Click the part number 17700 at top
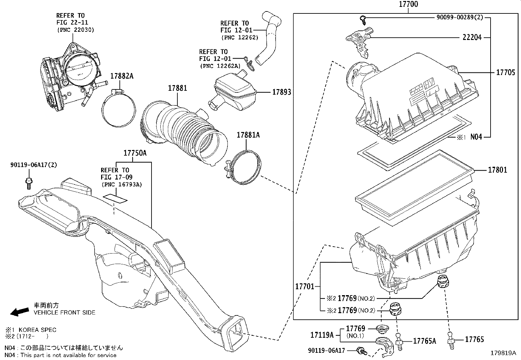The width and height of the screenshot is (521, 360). (x=408, y=4)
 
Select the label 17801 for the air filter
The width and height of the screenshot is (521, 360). (x=497, y=170)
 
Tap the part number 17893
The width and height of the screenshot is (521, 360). (x=281, y=92)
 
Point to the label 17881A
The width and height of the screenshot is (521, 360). (x=248, y=135)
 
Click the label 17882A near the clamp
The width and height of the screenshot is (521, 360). (x=122, y=76)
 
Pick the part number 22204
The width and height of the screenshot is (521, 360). (x=472, y=37)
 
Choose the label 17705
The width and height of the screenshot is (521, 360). (x=505, y=72)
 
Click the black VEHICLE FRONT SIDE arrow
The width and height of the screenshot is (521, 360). (x=19, y=312)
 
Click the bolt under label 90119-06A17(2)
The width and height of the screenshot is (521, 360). (x=29, y=182)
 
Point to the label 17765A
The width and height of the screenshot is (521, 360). (x=424, y=341)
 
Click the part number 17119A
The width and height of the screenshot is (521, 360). (x=322, y=335)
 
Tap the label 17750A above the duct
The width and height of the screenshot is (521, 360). (x=135, y=153)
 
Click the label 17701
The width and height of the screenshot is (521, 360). (x=305, y=286)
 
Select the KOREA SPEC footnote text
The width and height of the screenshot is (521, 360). (x=37, y=330)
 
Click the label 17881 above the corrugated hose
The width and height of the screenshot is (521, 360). (x=177, y=88)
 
